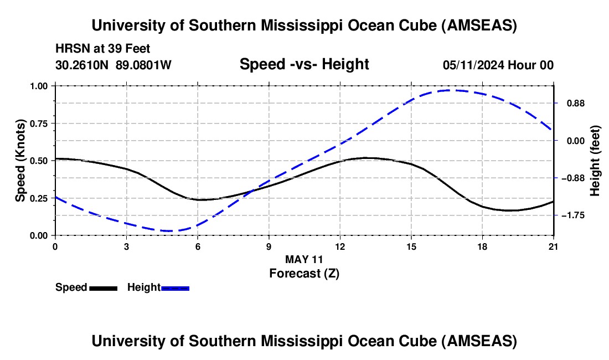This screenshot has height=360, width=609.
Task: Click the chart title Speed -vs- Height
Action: click(304, 64)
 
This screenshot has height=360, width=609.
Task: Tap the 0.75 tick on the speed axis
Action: click(39, 123)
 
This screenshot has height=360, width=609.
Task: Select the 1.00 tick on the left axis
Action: click(39, 86)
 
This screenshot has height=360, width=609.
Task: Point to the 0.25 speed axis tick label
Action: click(39, 198)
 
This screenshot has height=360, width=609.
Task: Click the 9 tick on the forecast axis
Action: click(269, 246)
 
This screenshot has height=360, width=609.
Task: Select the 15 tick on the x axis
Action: click(411, 246)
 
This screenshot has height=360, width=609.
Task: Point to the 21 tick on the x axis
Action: click(553, 246)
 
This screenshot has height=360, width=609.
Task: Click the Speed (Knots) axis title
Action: click(20, 161)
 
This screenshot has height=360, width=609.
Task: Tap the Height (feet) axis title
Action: click(595, 161)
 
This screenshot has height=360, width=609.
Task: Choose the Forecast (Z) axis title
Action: click(304, 272)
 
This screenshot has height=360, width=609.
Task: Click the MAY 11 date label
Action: click(304, 259)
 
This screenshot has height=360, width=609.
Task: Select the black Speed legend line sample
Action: click(103, 287)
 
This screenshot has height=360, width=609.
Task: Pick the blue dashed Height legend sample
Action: click(176, 287)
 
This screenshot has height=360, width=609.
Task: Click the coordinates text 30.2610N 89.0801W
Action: click(113, 65)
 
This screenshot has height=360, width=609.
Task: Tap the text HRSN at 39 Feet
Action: click(103, 49)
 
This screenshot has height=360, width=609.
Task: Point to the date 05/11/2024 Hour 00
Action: click(498, 65)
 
